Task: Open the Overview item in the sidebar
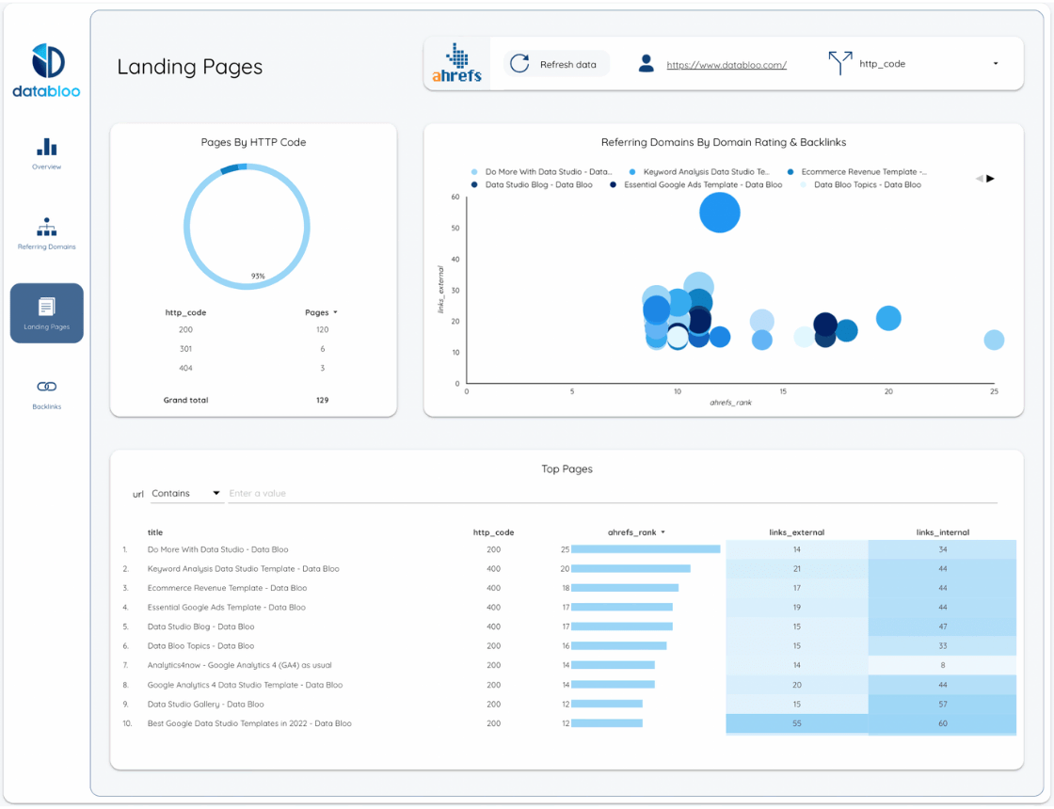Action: coord(47,155)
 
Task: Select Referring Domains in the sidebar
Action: coord(47,234)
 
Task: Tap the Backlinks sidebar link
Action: coord(47,393)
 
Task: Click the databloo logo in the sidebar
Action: coord(47,71)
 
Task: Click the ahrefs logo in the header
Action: coord(457,64)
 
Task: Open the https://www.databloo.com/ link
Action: coord(727,65)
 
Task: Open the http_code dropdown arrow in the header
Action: coord(996,64)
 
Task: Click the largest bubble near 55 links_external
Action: coord(720,213)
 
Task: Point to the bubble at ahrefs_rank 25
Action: coord(994,340)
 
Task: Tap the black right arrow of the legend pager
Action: coord(990,179)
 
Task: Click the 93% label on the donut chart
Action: coord(258,276)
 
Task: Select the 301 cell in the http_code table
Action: coord(185,349)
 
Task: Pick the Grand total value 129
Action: coord(322,400)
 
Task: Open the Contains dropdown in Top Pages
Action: coord(185,493)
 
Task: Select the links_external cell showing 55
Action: coord(796,723)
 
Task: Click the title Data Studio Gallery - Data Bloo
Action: coord(205,704)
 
